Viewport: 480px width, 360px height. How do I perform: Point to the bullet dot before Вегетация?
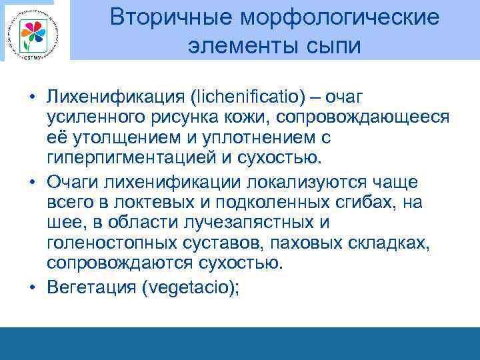(x=32, y=287)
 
